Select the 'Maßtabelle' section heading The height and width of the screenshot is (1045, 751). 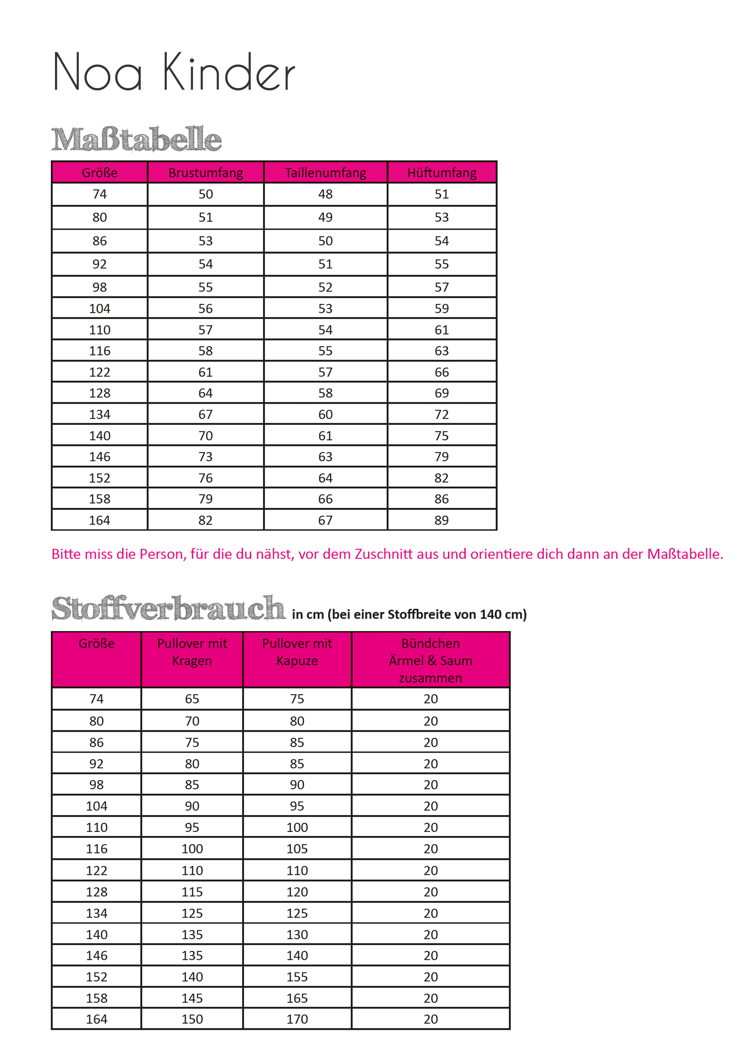point(136,139)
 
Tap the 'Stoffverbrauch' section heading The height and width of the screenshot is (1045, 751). point(168,608)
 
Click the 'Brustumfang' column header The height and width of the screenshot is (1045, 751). point(206,173)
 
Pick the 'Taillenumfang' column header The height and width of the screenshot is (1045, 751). point(325,173)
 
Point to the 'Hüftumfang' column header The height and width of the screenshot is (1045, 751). point(441,173)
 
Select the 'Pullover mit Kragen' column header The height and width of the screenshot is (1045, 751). point(192,652)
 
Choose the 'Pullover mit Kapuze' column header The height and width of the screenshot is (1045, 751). point(297,652)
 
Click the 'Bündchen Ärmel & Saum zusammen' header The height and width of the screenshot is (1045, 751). point(430,660)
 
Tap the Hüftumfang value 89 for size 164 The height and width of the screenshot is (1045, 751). point(441,520)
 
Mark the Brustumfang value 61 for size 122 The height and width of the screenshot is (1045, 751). point(206,372)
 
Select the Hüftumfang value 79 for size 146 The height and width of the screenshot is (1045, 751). point(441,457)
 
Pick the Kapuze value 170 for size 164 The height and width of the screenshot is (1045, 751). point(297,1019)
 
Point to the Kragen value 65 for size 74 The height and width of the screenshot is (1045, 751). point(192,699)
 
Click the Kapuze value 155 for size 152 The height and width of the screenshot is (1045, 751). point(297,977)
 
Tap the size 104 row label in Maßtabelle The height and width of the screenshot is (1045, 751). point(99,309)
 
